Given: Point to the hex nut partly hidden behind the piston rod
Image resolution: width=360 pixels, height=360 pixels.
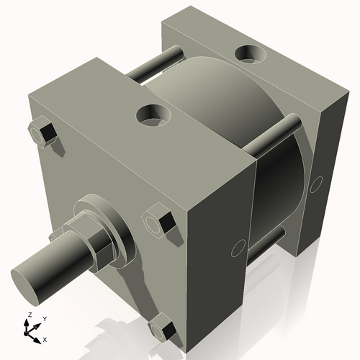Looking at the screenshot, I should pos(56,235).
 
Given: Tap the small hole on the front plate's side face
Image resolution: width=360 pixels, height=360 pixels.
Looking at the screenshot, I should pos(235,250).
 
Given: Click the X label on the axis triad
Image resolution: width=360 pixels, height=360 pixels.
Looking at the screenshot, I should pos(45,338).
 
